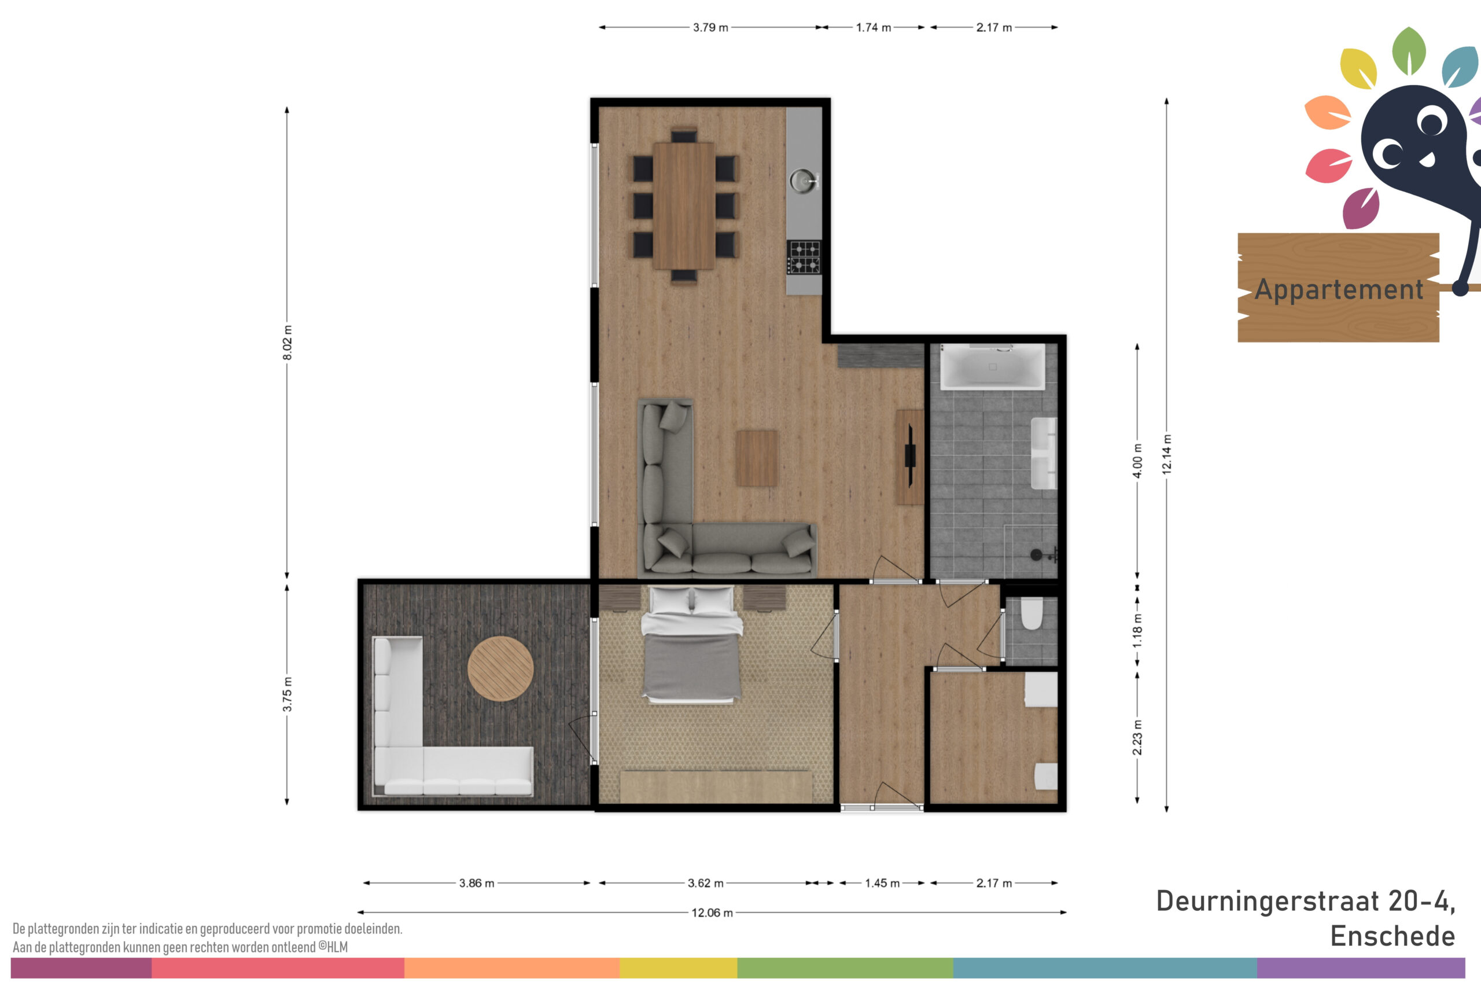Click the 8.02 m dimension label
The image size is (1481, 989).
pyautogui.click(x=287, y=343)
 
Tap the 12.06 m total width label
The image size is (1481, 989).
pyautogui.click(x=712, y=913)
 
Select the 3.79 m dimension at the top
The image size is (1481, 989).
pyautogui.click(x=710, y=28)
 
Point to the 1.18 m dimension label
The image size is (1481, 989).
pyautogui.click(x=1137, y=631)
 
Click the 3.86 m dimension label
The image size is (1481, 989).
pyautogui.click(x=477, y=883)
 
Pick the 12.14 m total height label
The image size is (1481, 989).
pyautogui.click(x=1166, y=454)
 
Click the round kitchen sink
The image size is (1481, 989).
pyautogui.click(x=802, y=181)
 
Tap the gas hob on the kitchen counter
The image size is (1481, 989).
pyautogui.click(x=804, y=258)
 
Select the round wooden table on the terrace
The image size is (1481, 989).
pyautogui.click(x=500, y=668)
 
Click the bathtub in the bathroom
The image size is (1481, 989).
pyautogui.click(x=992, y=366)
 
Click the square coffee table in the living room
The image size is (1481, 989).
pyautogui.click(x=756, y=458)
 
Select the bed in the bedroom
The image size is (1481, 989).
pyautogui.click(x=692, y=645)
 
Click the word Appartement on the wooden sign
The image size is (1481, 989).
pyautogui.click(x=1339, y=290)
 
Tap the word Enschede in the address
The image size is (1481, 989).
pyautogui.click(x=1392, y=936)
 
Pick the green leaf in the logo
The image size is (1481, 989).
pyautogui.click(x=1409, y=50)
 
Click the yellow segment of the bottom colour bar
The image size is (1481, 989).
pyautogui.click(x=679, y=968)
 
